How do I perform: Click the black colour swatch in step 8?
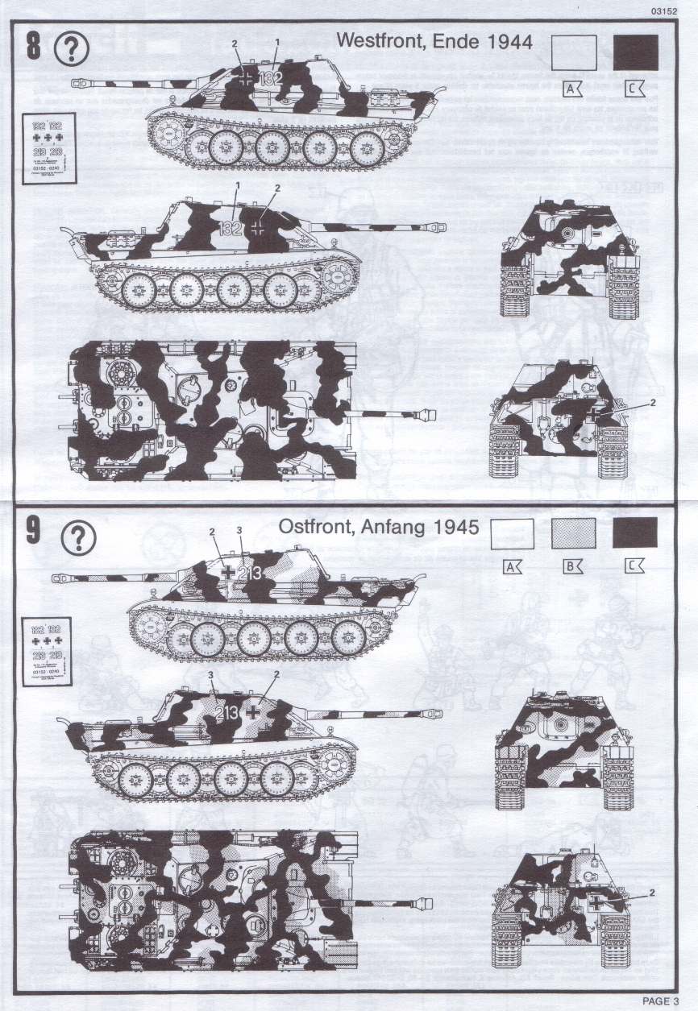(x=635, y=53)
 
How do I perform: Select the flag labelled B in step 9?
(x=573, y=567)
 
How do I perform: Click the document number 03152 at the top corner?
(x=673, y=10)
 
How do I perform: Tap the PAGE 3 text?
(x=661, y=1001)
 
